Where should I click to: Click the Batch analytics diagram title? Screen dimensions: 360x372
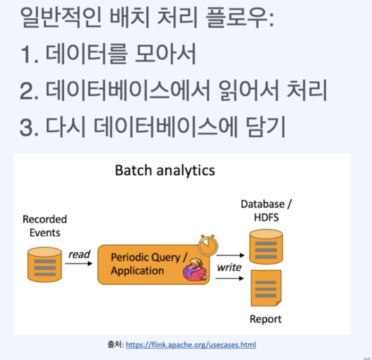click(x=165, y=170)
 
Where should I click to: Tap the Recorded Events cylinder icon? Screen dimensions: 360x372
click(x=45, y=264)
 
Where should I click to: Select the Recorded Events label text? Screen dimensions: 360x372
click(x=45, y=226)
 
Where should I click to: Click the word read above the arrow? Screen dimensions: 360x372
click(x=79, y=254)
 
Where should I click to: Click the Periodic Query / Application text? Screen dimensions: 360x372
click(x=149, y=264)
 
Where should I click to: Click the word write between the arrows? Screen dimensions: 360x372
click(x=229, y=267)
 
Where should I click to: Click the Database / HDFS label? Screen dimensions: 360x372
click(x=266, y=211)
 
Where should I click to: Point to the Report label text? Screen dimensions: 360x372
click(x=266, y=319)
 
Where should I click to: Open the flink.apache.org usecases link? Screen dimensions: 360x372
click(x=191, y=345)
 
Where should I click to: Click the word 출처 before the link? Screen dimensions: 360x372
click(x=115, y=345)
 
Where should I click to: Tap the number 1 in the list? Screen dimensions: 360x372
click(x=27, y=55)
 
